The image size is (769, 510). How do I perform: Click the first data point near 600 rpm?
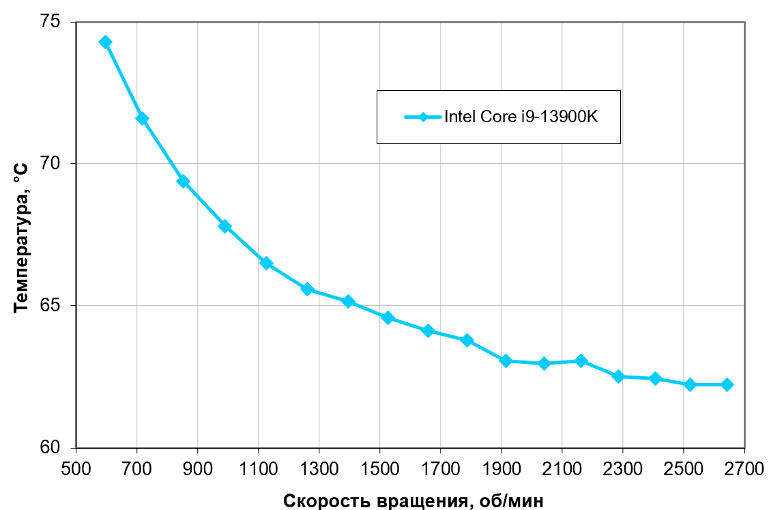(105, 42)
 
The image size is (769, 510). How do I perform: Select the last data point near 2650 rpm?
(727, 385)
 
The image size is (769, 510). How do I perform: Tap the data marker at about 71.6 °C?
(142, 119)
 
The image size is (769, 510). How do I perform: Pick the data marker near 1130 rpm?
(266, 264)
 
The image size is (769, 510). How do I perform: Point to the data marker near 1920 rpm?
(506, 360)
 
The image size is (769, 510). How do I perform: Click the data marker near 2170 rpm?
(581, 360)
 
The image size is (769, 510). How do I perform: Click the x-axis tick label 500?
(76, 470)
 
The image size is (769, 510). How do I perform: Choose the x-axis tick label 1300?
(319, 470)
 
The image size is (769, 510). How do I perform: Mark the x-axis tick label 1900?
(501, 470)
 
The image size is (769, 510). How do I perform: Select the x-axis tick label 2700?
(744, 470)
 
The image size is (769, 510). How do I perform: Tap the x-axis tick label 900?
(198, 470)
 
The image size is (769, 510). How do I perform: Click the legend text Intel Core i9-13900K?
(521, 117)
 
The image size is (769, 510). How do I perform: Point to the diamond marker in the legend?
(423, 117)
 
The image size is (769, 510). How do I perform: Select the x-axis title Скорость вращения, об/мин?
(413, 500)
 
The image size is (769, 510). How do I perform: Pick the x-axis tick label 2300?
(622, 470)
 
